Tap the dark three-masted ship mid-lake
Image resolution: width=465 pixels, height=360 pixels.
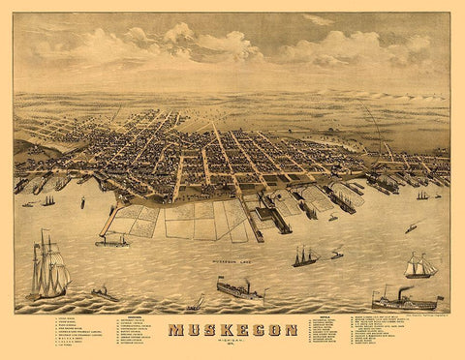305,258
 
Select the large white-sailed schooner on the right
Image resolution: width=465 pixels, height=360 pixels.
420,266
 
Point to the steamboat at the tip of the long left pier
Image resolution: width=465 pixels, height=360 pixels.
111,240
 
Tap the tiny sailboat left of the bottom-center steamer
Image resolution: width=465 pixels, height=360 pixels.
197,304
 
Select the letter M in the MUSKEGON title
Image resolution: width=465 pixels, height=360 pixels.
176,331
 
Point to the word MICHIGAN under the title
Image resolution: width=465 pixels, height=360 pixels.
232,343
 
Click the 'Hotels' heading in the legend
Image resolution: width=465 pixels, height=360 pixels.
325,315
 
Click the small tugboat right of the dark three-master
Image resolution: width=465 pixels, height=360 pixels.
336,255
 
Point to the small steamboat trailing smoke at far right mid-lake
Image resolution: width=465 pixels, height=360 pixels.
410,229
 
